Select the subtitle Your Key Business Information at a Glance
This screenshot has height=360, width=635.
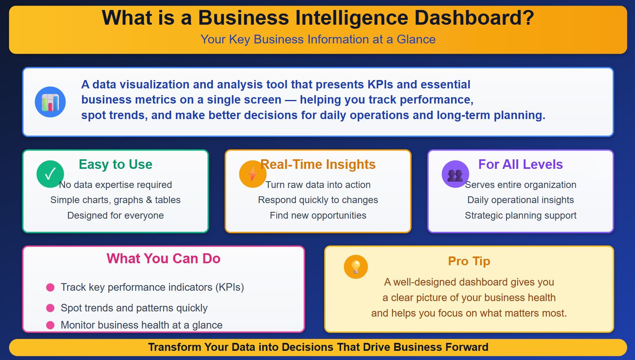point(318,39)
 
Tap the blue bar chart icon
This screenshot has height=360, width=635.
point(50,102)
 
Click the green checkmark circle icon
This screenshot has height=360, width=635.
point(50,174)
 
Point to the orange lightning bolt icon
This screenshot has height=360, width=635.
point(252,174)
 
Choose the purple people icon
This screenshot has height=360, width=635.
point(455,174)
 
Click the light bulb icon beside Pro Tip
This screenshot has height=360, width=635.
point(356,266)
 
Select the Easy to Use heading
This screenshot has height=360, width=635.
point(115,164)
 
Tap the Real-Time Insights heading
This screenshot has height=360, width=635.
point(318,164)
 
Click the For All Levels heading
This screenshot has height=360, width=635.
point(520,164)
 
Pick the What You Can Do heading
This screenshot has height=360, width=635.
point(163,258)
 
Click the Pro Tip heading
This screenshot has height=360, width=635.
point(469,261)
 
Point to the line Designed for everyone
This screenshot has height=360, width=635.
point(115,215)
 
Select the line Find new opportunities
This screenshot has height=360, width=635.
point(318,215)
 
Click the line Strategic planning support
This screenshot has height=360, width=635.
point(520,215)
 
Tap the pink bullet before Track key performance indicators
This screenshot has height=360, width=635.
point(50,288)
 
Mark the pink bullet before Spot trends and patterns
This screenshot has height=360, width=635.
point(50,308)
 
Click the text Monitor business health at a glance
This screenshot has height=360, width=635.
point(141,325)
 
